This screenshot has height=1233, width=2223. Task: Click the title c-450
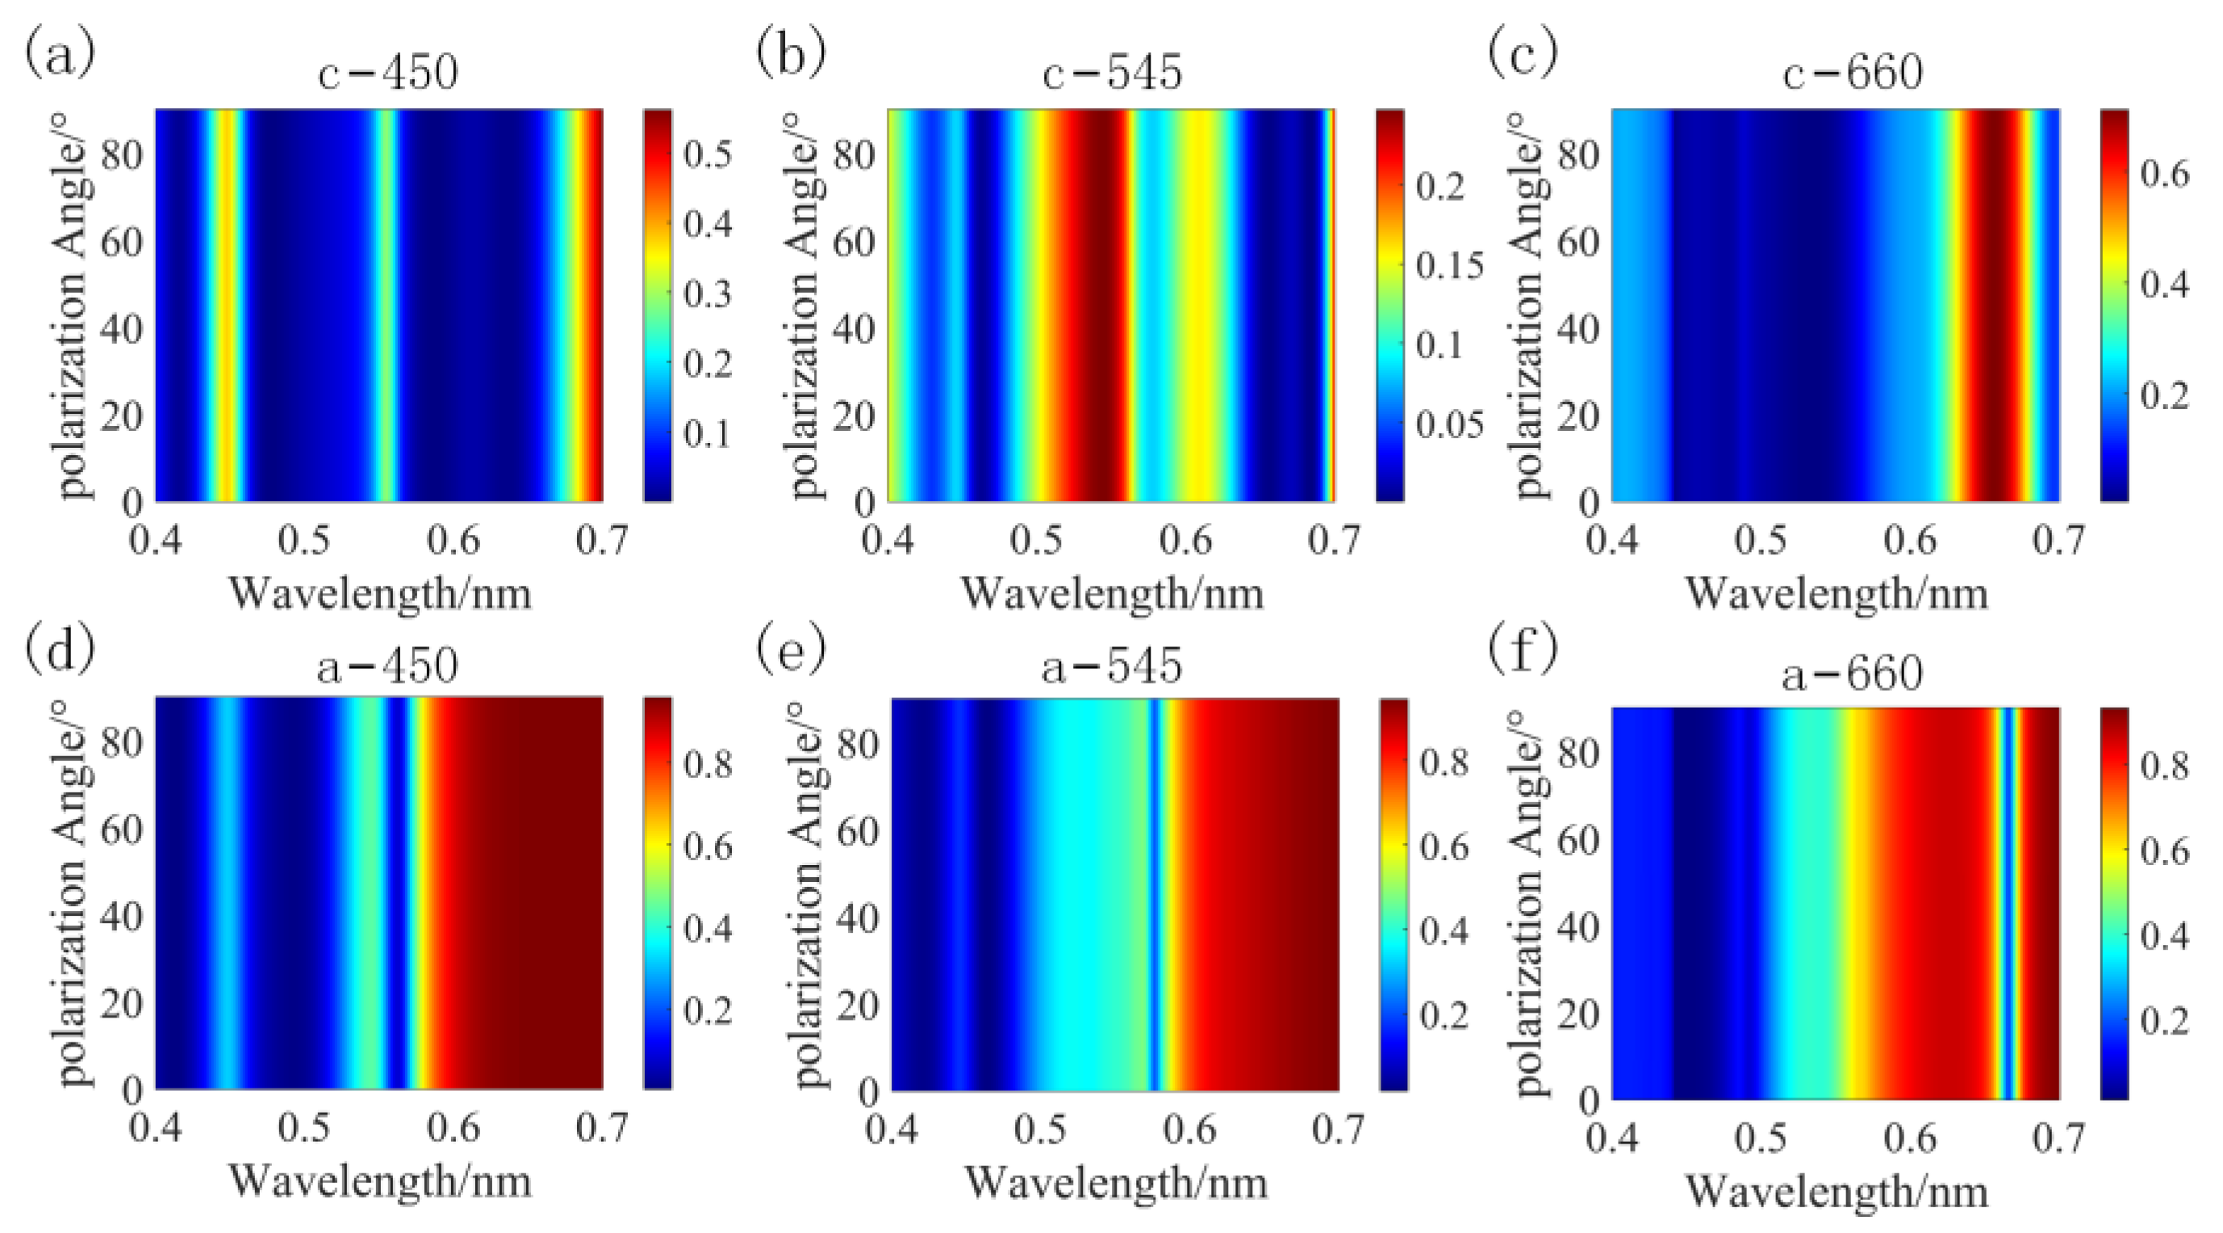[387, 73]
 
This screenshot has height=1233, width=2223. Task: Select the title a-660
[1852, 673]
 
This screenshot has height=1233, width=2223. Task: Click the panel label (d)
[60, 647]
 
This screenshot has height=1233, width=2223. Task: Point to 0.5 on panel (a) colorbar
[707, 155]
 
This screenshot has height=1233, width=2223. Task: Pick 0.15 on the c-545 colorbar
[1449, 265]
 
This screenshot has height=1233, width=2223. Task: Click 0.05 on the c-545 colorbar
[1449, 424]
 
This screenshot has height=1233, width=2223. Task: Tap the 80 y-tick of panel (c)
[1578, 155]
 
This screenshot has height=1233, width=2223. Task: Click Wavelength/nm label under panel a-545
[1115, 1181]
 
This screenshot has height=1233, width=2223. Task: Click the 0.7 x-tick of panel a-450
[601, 1128]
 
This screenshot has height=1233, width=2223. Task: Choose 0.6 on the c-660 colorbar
[2164, 173]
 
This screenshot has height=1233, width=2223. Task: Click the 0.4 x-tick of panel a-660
[1612, 1138]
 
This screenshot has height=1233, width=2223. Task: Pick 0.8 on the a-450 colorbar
[707, 764]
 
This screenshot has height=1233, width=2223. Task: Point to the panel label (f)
[1523, 647]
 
